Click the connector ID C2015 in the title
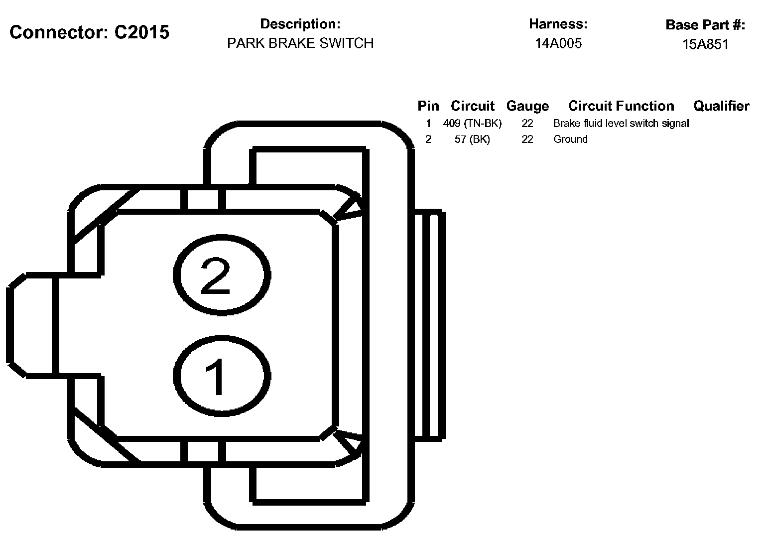[x=141, y=32]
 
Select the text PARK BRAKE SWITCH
[x=300, y=43]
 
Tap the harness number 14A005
[x=558, y=43]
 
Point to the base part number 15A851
[x=705, y=44]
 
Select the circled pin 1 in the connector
[x=222, y=376]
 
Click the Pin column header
[x=428, y=106]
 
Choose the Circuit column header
[x=472, y=106]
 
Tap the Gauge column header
[x=527, y=106]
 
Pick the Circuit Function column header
[x=621, y=106]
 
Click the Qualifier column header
[x=721, y=106]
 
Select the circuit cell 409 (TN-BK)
[x=472, y=123]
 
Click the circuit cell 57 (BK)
[x=472, y=139]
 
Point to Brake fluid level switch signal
[x=621, y=123]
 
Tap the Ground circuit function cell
[x=570, y=139]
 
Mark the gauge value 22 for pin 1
[x=527, y=123]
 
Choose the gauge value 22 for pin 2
[x=527, y=139]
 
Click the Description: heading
[x=300, y=24]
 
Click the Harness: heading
[x=558, y=24]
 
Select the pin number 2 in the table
[x=428, y=139]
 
